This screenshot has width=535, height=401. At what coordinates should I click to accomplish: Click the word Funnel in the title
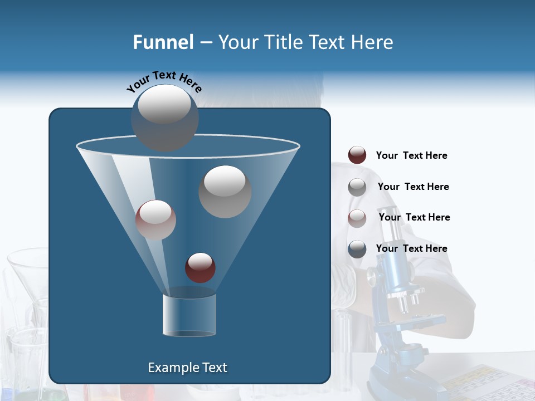(x=163, y=42)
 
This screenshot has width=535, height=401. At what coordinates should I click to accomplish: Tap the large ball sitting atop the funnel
(x=164, y=118)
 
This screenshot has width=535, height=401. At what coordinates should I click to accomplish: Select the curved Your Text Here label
(x=164, y=81)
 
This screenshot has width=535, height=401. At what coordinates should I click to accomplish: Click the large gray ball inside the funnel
(x=225, y=192)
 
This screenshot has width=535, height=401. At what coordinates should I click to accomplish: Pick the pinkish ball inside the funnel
(x=155, y=220)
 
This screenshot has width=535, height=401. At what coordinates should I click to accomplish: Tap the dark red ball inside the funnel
(x=200, y=267)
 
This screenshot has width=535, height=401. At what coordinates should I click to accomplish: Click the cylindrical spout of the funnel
(x=189, y=315)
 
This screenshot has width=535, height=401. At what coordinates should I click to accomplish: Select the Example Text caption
(x=187, y=368)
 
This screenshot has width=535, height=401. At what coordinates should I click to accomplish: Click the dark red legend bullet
(x=357, y=155)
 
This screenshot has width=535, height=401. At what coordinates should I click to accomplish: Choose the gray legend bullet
(x=357, y=187)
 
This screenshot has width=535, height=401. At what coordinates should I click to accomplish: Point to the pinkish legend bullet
(x=357, y=218)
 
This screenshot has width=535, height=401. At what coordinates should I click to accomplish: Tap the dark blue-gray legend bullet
(x=357, y=249)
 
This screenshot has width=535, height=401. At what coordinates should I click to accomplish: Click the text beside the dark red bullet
(x=411, y=156)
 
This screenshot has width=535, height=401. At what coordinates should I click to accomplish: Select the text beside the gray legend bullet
(x=413, y=187)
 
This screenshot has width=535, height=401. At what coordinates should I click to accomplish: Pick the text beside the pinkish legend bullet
(x=414, y=218)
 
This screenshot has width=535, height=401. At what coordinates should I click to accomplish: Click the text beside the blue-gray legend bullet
(x=411, y=249)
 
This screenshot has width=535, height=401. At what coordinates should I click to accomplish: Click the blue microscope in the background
(x=401, y=312)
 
